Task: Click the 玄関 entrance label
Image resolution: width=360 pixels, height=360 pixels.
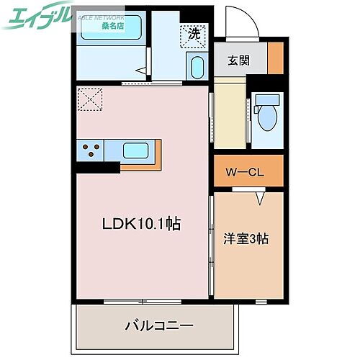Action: (240, 61)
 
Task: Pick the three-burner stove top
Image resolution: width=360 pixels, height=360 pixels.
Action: (91, 150)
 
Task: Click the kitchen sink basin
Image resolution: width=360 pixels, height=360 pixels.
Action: (137, 151)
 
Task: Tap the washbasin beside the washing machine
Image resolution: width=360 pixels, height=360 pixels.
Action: (196, 69)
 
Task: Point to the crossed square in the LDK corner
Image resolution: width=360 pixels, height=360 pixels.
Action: (91, 100)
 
